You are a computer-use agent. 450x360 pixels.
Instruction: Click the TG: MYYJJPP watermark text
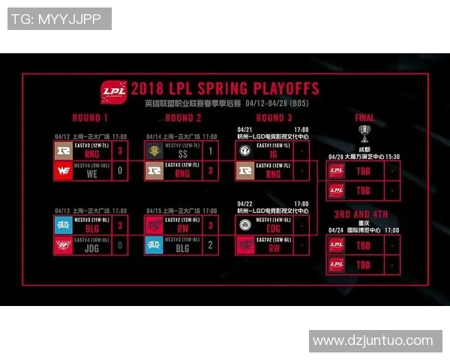pos(59,19)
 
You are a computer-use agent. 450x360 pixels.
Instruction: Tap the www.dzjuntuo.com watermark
pos(373,340)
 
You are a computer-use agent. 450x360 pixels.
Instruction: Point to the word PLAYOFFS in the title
pos(282,88)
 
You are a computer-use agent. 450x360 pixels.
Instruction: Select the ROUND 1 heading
pos(90,118)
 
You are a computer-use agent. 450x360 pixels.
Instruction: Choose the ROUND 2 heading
pos(183,118)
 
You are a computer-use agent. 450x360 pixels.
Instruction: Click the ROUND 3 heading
pos(274,118)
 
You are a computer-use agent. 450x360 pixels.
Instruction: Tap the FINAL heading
pos(364,118)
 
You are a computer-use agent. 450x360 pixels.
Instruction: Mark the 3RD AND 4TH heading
pos(363,212)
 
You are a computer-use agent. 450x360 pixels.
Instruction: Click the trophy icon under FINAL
pos(364,133)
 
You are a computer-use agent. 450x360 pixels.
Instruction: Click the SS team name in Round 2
pos(183,151)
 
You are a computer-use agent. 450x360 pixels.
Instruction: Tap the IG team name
pos(274,151)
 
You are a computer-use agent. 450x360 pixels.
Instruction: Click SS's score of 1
pos(211,151)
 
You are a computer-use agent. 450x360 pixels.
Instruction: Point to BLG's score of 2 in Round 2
pos(211,244)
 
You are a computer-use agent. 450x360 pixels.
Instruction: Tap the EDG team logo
pos(245,225)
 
